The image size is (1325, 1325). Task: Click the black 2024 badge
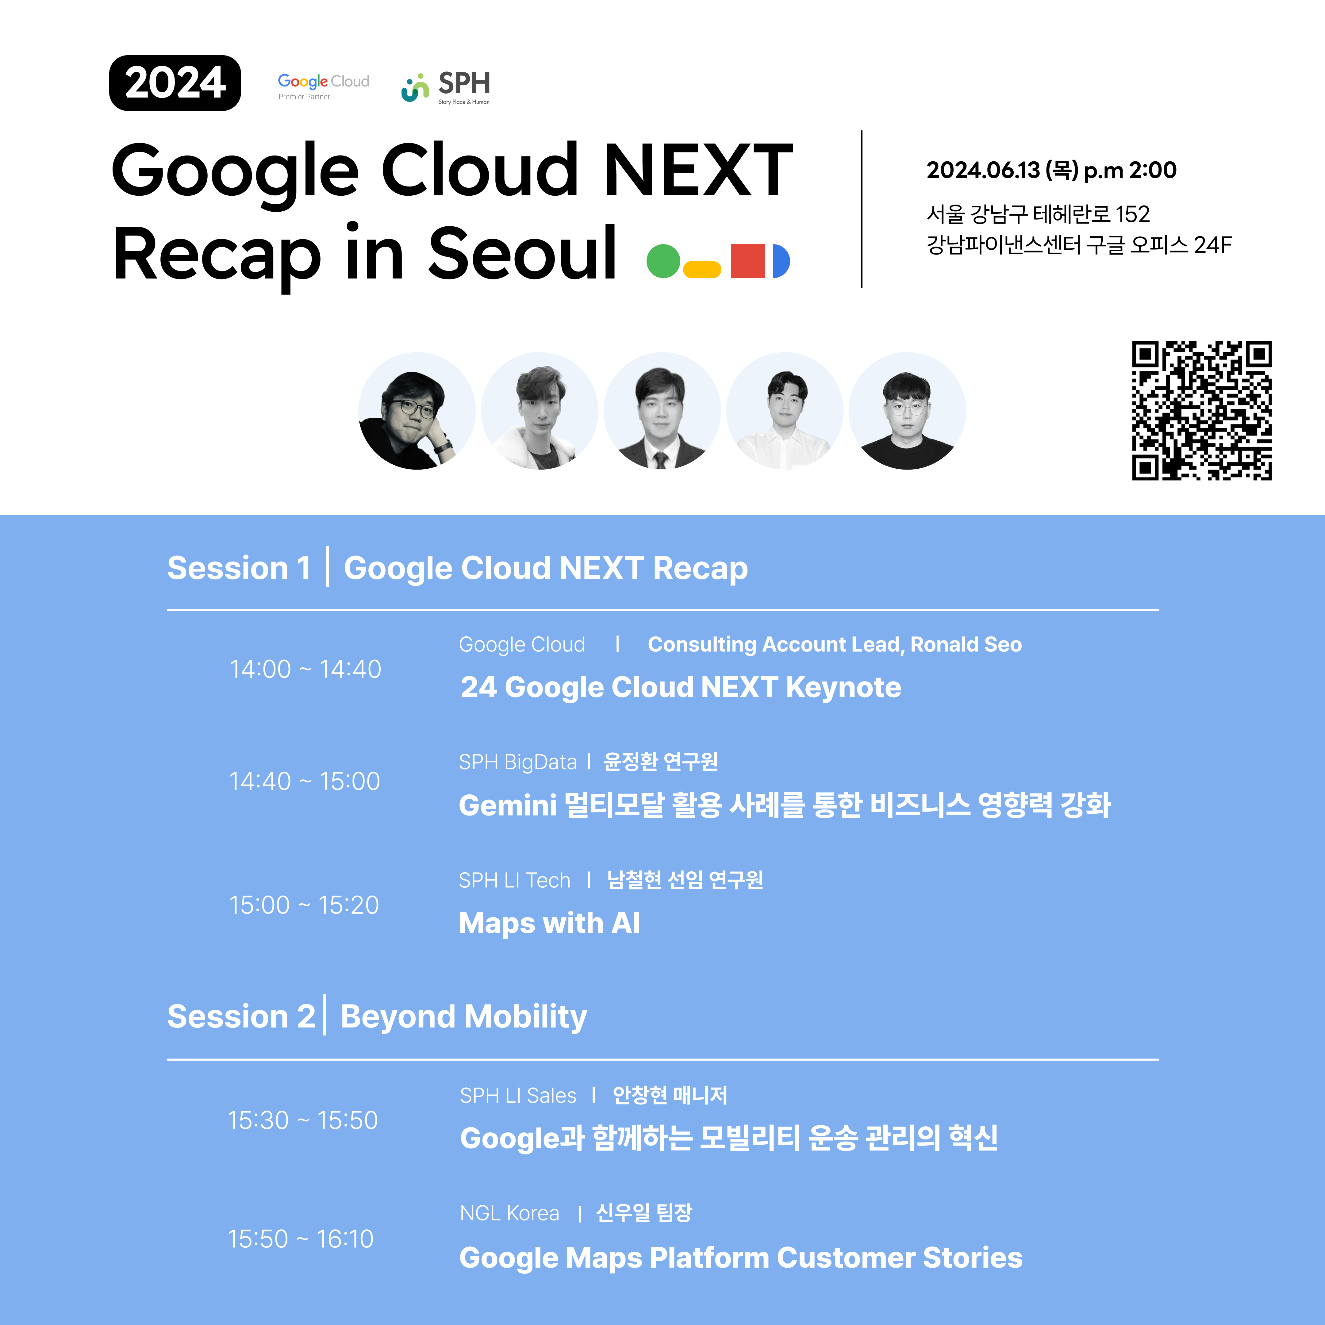point(175,83)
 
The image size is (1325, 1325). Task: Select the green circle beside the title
point(663,261)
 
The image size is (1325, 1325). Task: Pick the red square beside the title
point(747,261)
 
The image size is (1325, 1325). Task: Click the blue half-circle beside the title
point(781,261)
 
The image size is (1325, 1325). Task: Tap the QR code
point(1202,410)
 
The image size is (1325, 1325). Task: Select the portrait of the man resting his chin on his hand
point(417,411)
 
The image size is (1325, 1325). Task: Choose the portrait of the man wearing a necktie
point(662,411)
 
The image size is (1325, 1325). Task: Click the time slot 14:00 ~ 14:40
point(305,669)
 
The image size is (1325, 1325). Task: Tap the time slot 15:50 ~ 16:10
point(300,1239)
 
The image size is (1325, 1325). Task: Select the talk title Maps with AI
point(549,923)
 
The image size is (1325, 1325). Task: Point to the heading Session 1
point(239,568)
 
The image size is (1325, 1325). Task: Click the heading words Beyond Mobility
point(464,1016)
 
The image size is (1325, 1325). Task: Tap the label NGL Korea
point(509,1213)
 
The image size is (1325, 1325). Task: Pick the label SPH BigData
point(518,762)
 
